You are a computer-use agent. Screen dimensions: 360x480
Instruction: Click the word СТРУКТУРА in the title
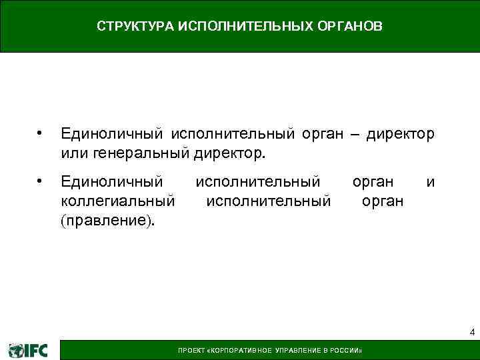point(135,27)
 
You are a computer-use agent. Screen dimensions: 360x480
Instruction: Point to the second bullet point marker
point(40,181)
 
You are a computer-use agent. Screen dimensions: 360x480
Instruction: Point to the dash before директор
point(353,135)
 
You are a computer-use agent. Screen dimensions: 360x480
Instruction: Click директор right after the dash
point(400,135)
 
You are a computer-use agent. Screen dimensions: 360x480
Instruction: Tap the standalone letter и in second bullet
point(431,182)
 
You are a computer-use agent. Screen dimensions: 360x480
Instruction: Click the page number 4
point(472,332)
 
